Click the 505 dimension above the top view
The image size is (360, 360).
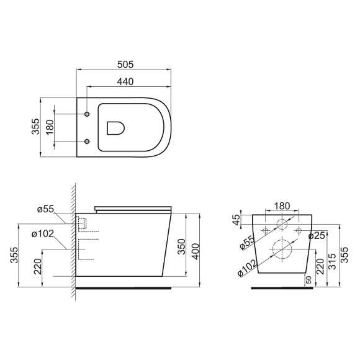125,64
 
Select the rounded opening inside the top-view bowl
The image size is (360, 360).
116,127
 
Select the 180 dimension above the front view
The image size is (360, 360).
281,205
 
